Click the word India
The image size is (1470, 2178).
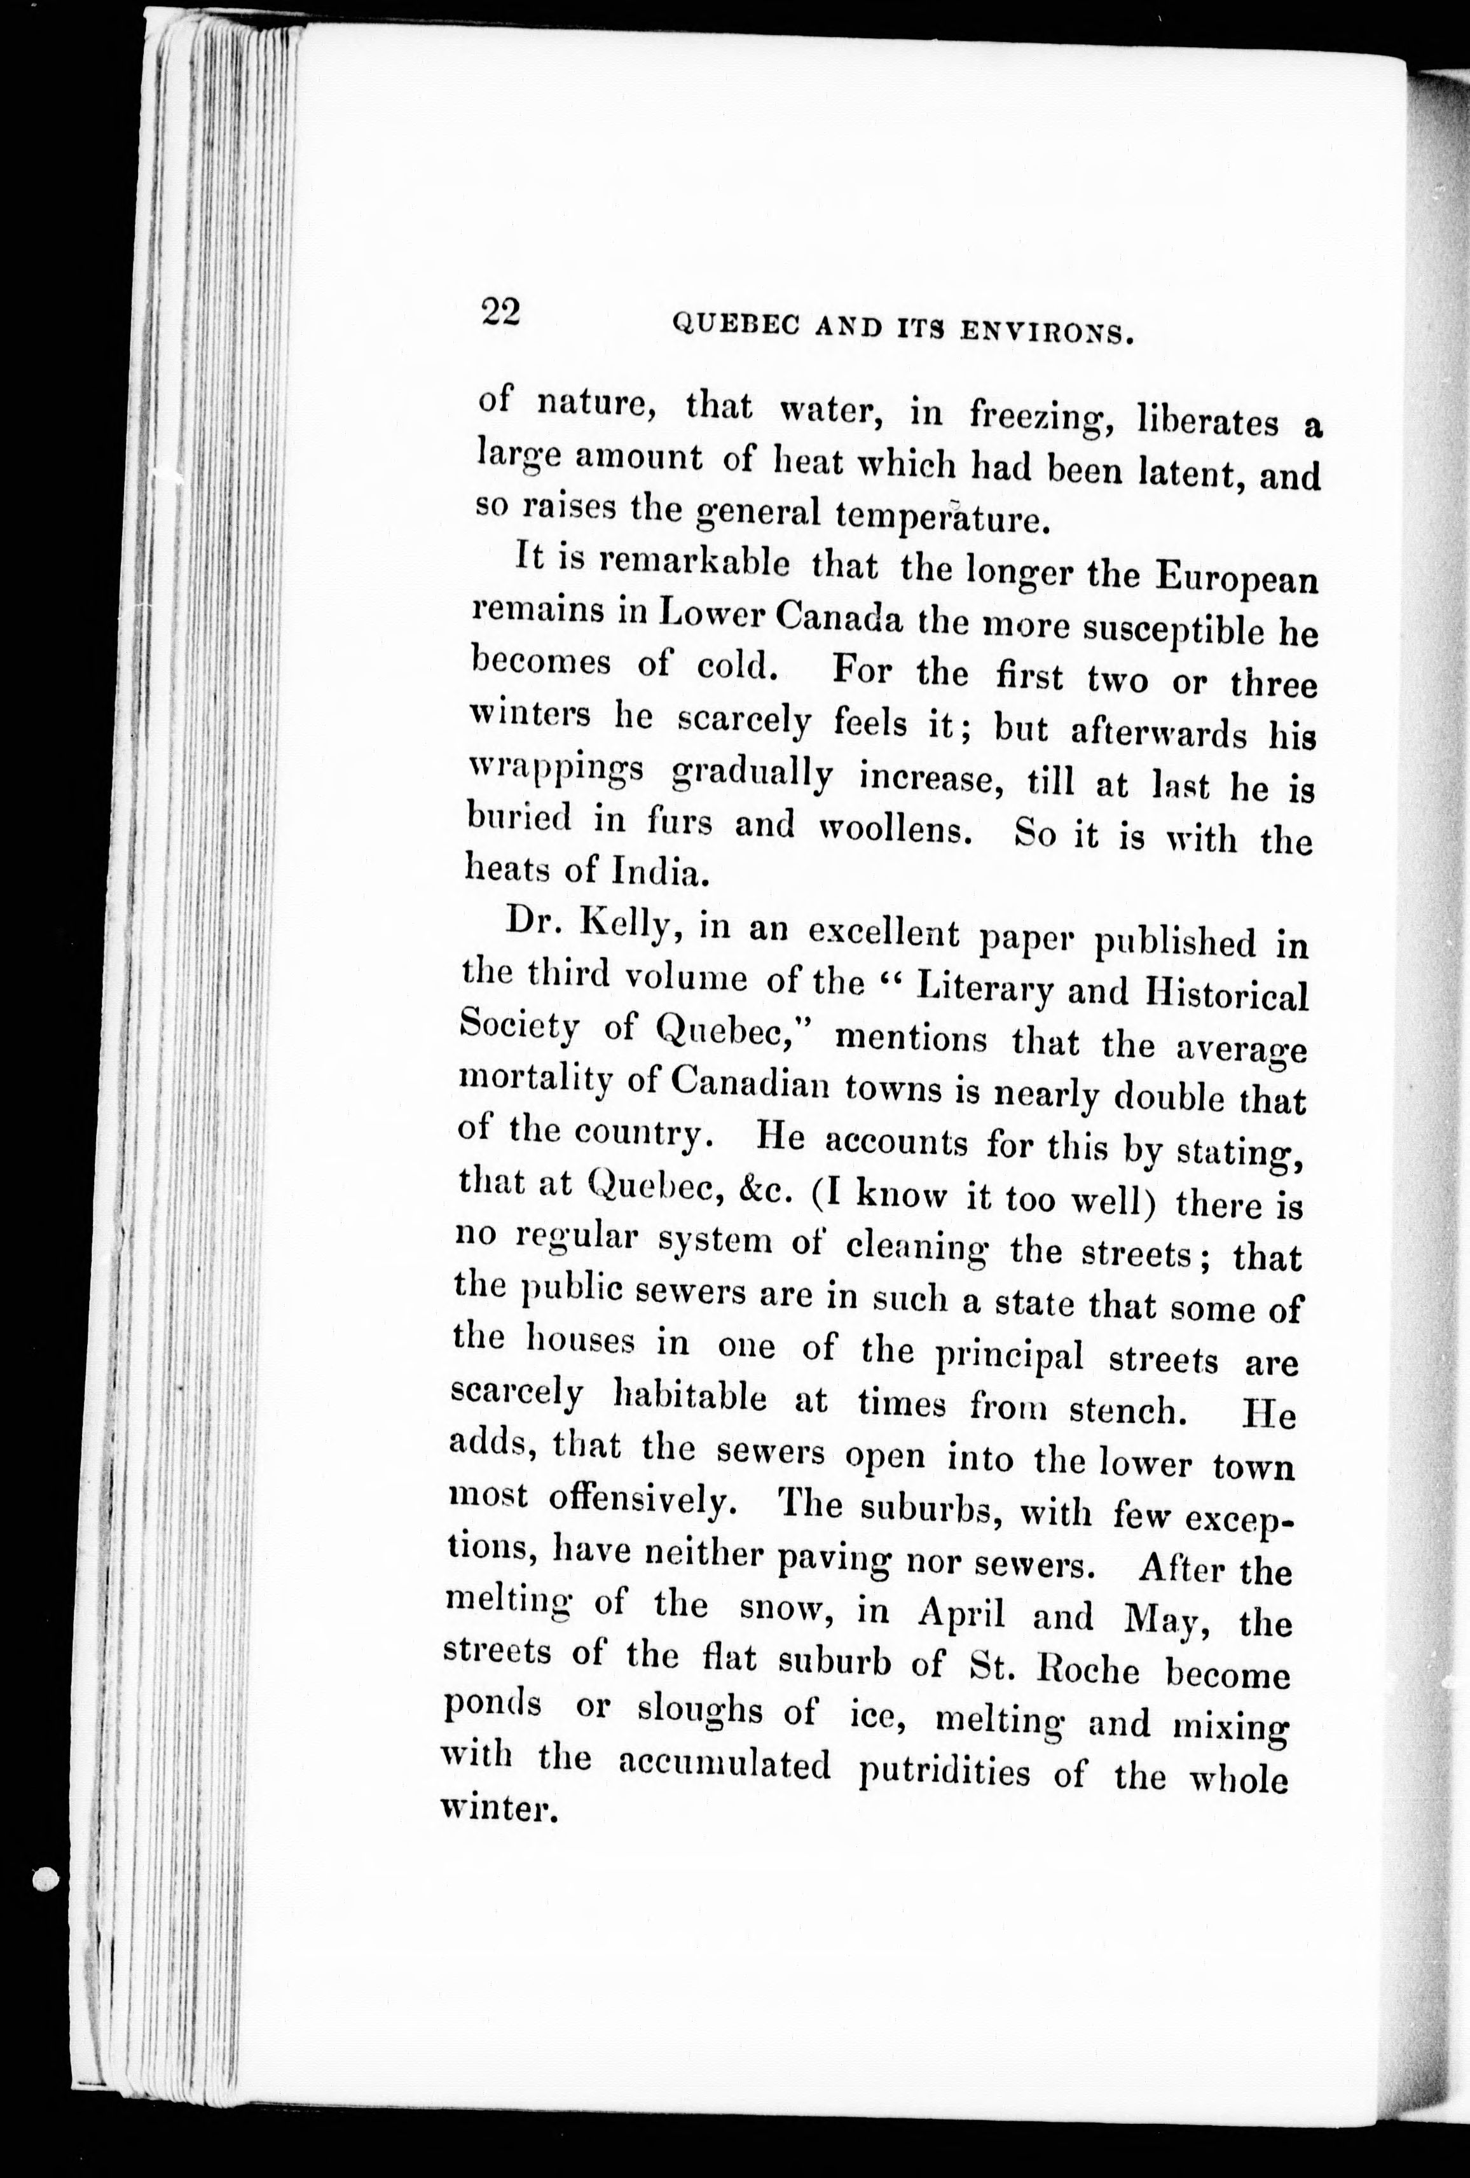pyautogui.click(x=655, y=873)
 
